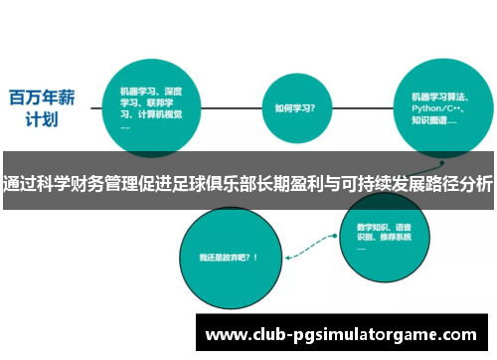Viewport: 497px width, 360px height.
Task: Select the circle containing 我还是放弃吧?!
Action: (x=229, y=258)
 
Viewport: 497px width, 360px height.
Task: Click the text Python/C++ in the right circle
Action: (x=437, y=108)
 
